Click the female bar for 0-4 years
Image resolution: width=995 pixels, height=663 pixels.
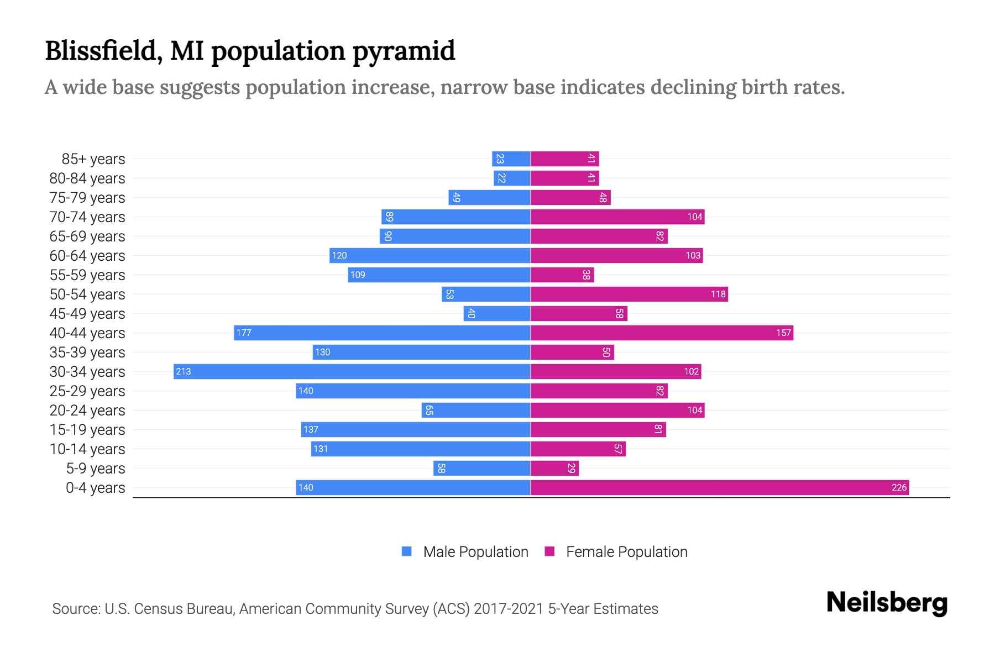pos(719,487)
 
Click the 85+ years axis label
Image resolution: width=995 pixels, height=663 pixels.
pos(93,159)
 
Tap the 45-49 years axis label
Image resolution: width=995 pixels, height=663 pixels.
pos(87,314)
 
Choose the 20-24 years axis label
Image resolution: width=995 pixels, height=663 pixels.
pos(87,411)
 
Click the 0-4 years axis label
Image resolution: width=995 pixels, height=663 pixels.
pos(95,488)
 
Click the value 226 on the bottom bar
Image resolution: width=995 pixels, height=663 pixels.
pos(899,487)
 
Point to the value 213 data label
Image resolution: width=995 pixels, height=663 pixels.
pos(184,371)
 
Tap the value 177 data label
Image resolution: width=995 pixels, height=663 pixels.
pos(244,333)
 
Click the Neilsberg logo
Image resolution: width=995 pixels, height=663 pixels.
pos(887,603)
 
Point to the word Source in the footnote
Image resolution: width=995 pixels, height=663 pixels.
pos(76,609)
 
